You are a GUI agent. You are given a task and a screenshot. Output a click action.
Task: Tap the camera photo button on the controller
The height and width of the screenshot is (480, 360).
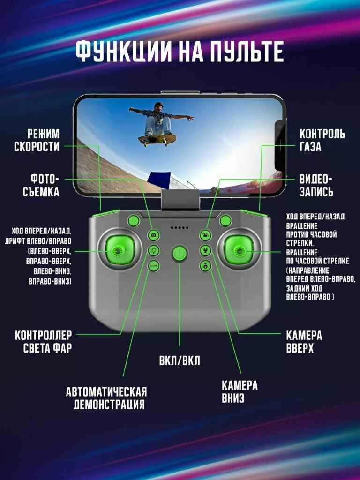click(x=153, y=235)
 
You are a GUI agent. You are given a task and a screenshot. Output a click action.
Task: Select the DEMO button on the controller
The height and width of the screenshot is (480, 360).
click(x=153, y=266)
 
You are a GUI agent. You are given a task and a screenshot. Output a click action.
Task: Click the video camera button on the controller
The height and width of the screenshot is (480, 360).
click(x=205, y=235)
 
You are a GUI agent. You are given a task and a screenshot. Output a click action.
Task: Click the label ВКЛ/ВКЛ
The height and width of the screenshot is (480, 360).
click(x=180, y=361)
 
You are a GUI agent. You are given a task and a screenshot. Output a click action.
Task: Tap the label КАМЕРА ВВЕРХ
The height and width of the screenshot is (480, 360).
click(x=304, y=342)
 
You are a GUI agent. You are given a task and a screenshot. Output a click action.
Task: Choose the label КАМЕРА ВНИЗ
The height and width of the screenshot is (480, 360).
click(x=240, y=392)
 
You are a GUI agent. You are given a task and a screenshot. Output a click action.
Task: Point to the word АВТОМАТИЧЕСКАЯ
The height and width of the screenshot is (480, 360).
click(x=106, y=392)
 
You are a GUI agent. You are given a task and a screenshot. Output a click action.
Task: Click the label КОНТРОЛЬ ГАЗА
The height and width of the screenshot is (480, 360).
click(x=322, y=140)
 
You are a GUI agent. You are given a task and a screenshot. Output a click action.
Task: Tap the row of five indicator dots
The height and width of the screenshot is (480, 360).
click(x=180, y=228)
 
